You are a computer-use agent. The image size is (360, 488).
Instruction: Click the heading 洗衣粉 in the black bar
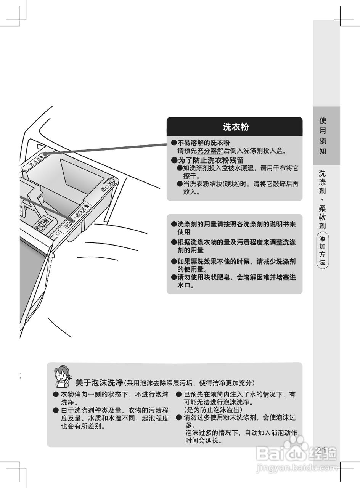(x=236, y=127)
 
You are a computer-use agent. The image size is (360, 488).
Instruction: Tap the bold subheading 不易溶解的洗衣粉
(x=203, y=143)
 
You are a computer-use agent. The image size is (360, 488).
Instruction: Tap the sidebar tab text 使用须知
(x=323, y=136)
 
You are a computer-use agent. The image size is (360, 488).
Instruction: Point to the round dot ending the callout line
(x=45, y=154)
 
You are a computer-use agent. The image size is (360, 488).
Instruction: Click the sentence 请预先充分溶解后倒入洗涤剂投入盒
(x=232, y=151)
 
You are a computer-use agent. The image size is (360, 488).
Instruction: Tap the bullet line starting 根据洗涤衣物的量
(x=236, y=242)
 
